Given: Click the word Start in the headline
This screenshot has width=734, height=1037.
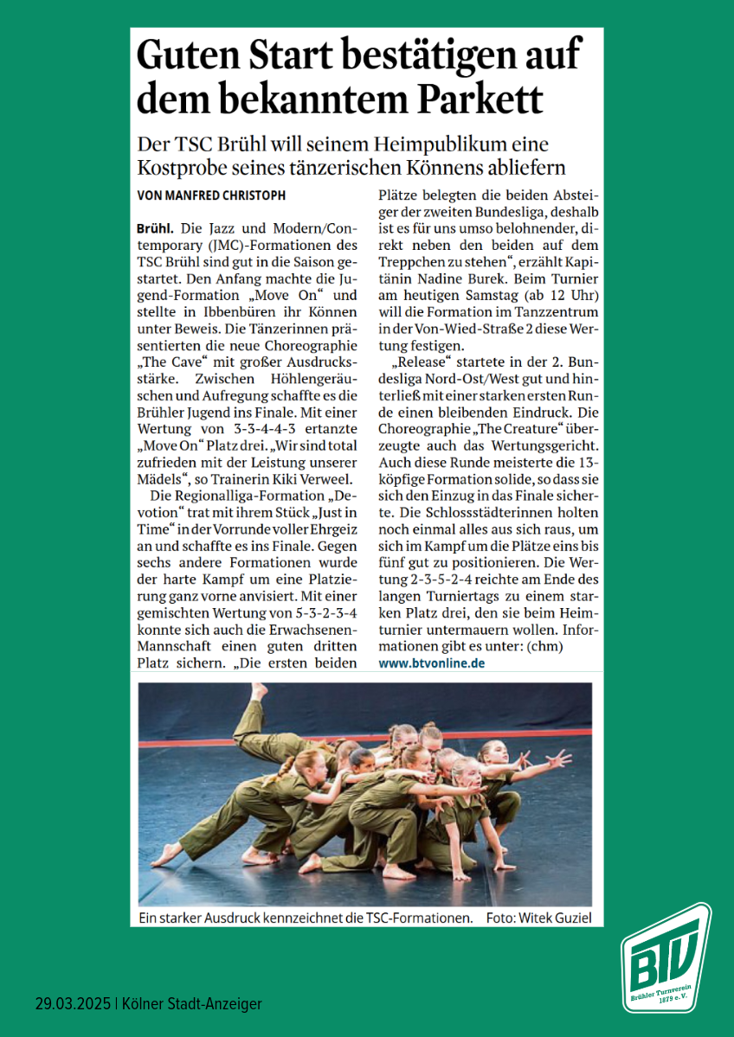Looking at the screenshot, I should [x=277, y=56].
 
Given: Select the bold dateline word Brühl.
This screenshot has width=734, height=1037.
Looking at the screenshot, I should [x=156, y=230].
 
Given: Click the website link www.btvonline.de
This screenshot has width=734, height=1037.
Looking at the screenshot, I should [x=432, y=663].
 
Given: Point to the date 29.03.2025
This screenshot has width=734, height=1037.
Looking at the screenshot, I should [x=73, y=1004].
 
